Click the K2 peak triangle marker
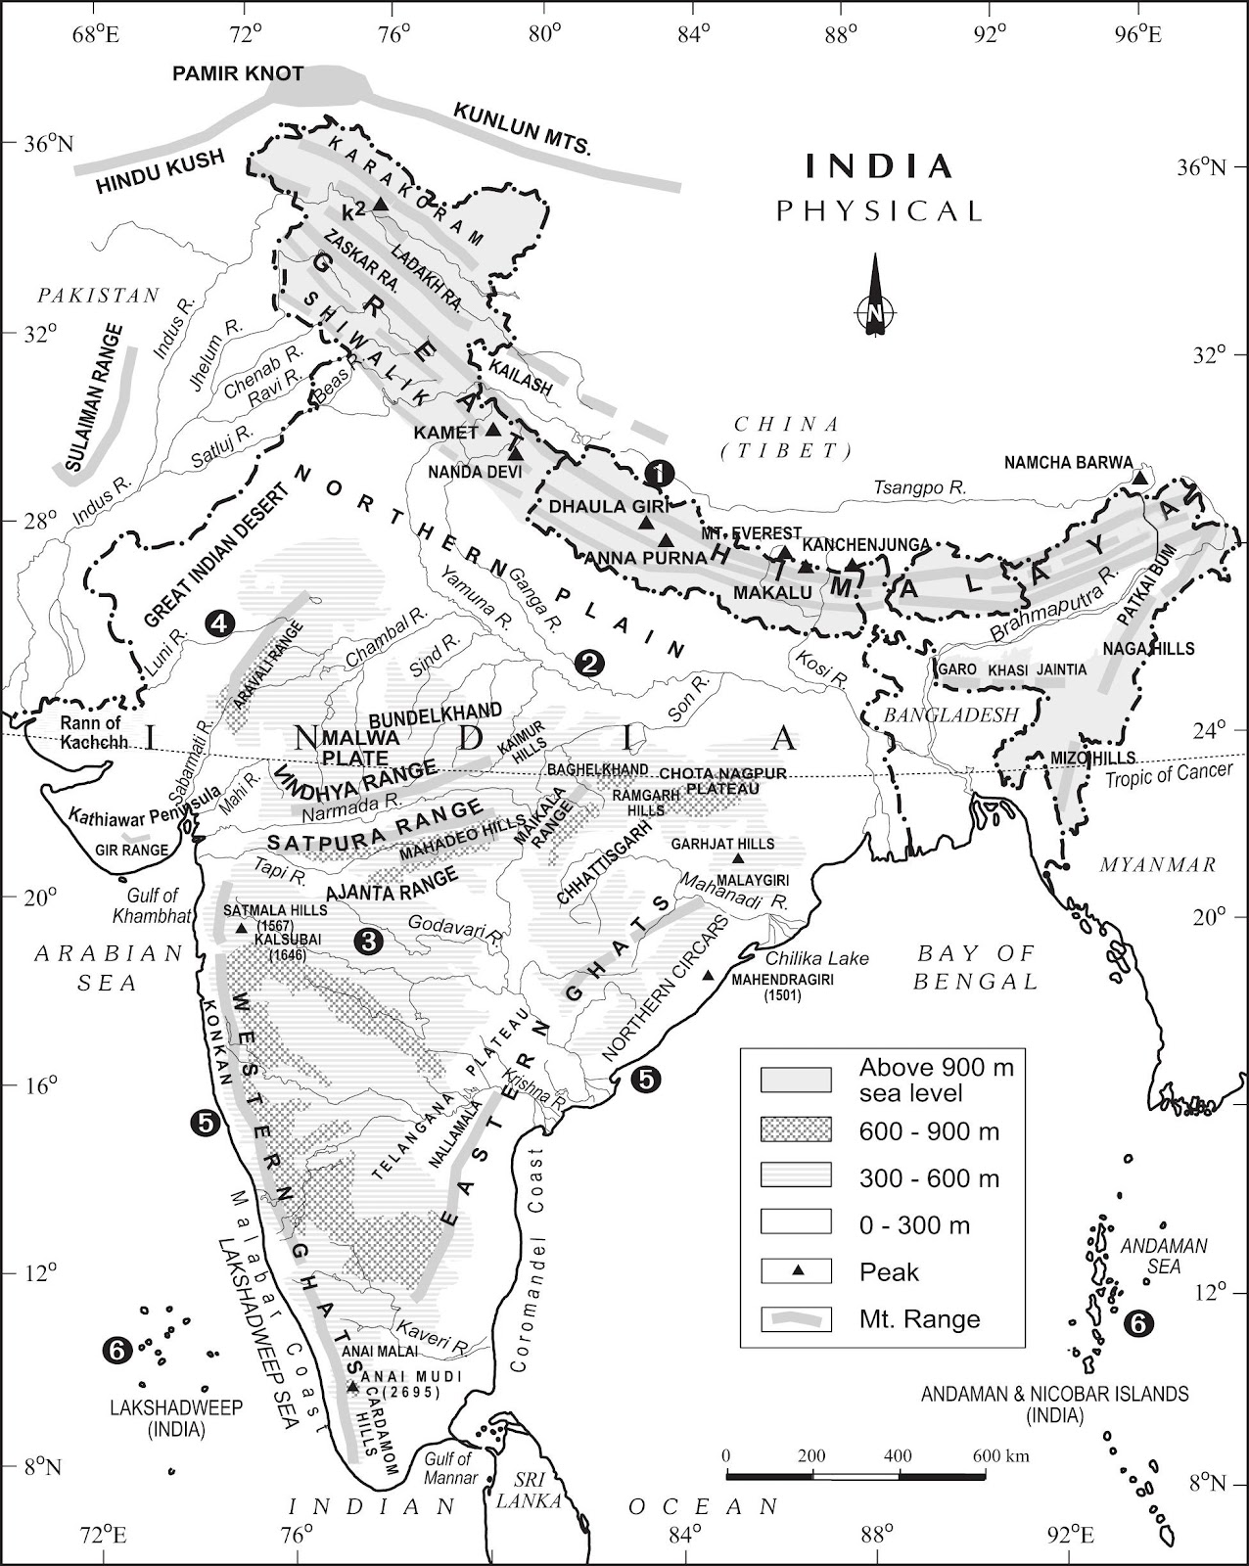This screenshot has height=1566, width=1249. coord(381,203)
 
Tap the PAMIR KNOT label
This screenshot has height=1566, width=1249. coord(238,74)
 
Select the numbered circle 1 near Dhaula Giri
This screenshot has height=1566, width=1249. coord(662,473)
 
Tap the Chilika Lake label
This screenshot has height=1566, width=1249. coord(816,958)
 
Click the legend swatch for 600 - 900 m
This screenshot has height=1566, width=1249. coord(796,1130)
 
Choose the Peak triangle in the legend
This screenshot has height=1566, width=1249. coord(797,1271)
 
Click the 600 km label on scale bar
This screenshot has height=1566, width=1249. coord(1000,1455)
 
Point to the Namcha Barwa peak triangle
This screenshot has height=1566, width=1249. coord(1139,478)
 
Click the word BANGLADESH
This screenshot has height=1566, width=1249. coord(952,715)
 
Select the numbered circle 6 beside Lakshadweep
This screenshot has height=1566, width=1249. coord(115,1352)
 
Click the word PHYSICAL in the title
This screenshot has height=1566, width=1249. coord(878,210)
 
